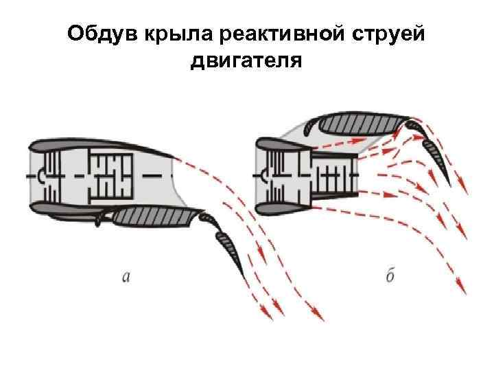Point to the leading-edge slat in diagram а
(x=103, y=218)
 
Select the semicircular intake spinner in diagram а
(x=43, y=175)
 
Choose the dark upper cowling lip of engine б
(x=278, y=144)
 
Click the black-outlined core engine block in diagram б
(x=333, y=175)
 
